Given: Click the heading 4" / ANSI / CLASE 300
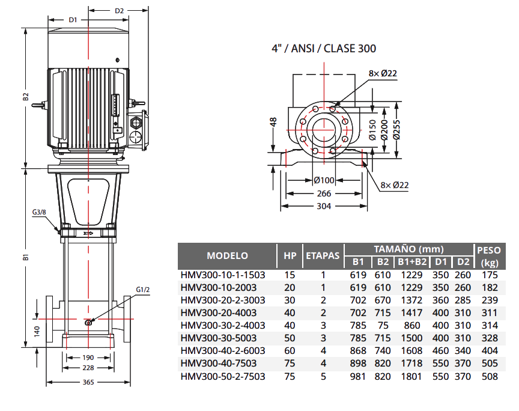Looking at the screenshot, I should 324,49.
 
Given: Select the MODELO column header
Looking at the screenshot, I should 227,255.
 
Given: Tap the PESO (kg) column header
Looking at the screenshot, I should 490,255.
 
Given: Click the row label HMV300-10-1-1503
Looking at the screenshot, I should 222,275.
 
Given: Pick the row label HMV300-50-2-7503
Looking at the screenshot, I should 222,376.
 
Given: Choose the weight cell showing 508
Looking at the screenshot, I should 490,376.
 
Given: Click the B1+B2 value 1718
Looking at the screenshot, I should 414,364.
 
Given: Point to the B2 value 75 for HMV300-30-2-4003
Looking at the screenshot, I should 383,325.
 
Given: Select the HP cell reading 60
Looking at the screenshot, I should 290,351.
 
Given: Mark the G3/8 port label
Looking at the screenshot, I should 40,212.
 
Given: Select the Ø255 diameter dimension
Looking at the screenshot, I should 397,127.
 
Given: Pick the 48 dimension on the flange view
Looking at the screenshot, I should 273,122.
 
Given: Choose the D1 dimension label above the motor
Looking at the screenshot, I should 73,20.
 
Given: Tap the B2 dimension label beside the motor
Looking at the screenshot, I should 25,97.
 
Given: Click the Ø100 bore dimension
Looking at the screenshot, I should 324,180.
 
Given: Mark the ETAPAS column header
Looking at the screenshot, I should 323,255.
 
